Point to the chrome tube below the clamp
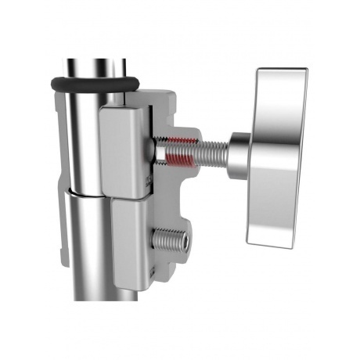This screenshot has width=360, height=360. [x=90, y=266]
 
